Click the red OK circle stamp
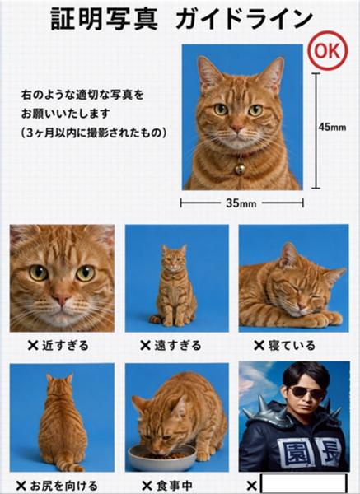coord(329,50)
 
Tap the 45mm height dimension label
coord(332,127)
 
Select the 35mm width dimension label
coord(241,203)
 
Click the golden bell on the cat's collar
coord(241,169)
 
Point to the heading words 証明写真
coord(104,19)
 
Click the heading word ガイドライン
coord(244,19)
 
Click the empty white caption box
coord(304,484)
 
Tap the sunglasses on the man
coord(306,393)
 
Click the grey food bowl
coord(162,458)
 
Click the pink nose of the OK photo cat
coord(236,128)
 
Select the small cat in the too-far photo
coord(173,285)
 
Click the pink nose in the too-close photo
coord(61,298)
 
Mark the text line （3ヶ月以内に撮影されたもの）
coord(94,133)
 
